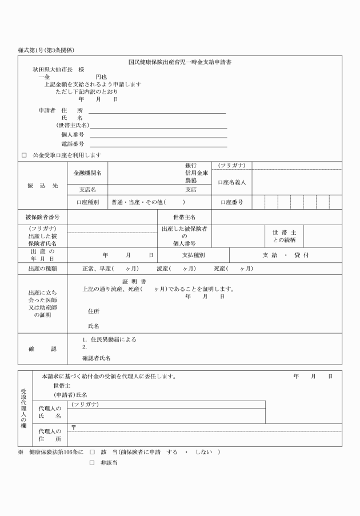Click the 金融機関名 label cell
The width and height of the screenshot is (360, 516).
coord(88,173)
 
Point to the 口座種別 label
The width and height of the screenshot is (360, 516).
coord(88,202)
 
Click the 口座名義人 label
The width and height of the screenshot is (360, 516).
coord(232,182)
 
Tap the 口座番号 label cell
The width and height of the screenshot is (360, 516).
coord(232,202)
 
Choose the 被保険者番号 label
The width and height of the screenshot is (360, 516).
coord(42,218)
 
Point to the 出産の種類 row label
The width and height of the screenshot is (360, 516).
coord(42,268)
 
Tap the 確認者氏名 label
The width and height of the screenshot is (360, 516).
coord(97,358)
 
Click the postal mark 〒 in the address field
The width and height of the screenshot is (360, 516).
coord(73,427)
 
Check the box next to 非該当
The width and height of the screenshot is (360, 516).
coord(91,463)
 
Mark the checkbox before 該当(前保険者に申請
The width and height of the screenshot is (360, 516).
coord(91,452)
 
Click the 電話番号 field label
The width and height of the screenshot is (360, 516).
coord(73,143)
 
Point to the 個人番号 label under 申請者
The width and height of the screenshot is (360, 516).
coord(73,134)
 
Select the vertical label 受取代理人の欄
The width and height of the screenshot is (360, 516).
coord(23,409)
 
